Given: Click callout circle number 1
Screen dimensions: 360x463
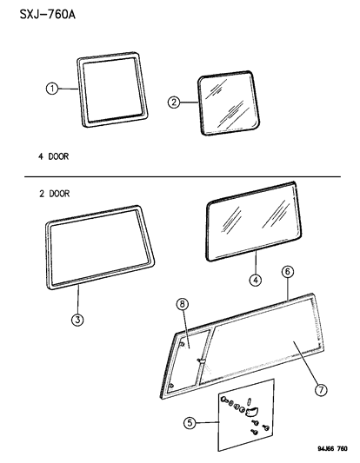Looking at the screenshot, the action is click(x=52, y=89).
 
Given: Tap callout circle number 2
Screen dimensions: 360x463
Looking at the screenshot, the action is click(x=174, y=103).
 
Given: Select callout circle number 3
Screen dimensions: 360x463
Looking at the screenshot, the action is click(x=77, y=320).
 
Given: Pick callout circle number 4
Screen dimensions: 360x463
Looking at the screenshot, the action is click(x=256, y=280).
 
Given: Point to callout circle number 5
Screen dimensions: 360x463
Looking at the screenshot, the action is click(x=190, y=423).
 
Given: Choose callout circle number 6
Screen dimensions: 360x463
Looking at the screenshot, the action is click(x=288, y=271).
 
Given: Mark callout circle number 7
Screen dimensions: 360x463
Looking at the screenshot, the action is click(x=321, y=390).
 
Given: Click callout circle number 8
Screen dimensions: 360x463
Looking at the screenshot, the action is click(x=183, y=303).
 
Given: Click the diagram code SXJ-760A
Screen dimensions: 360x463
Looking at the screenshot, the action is click(x=48, y=14).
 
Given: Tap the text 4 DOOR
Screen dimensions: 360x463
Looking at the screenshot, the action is click(x=54, y=156).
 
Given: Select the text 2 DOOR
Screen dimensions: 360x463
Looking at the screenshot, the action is click(x=55, y=194).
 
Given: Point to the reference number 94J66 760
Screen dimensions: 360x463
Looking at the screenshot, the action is click(x=332, y=449).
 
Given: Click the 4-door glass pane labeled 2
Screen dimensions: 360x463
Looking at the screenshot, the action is click(x=228, y=103).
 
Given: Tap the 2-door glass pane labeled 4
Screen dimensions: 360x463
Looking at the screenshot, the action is click(x=254, y=222).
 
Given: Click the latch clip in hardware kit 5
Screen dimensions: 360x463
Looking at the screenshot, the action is click(x=252, y=410).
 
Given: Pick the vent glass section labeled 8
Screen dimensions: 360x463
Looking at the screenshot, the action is click(x=189, y=361).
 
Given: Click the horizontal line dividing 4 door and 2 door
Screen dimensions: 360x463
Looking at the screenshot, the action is click(x=183, y=177).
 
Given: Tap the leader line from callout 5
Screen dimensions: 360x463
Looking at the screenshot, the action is click(x=208, y=423).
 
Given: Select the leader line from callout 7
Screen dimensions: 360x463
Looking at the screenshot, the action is click(x=306, y=363).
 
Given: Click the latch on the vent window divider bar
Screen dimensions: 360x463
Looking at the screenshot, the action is click(x=201, y=360).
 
